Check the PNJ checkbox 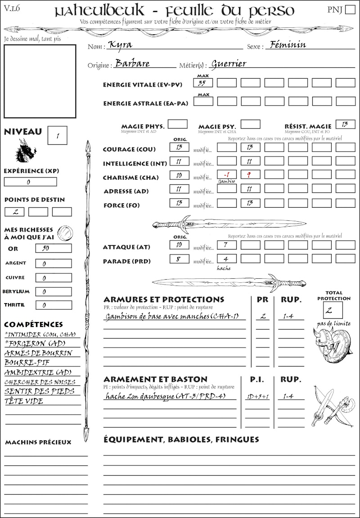(x=349, y=10)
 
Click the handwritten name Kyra (x=121, y=45)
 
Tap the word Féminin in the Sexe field (x=286, y=45)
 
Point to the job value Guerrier (x=229, y=63)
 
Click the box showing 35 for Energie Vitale (x=203, y=83)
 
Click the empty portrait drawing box (x=40, y=81)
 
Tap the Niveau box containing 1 (x=57, y=135)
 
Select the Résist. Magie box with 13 (x=345, y=124)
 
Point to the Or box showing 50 (x=53, y=248)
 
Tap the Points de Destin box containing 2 (x=14, y=212)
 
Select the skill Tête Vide (x=24, y=401)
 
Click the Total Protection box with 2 (x=333, y=310)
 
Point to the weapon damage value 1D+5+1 (x=257, y=397)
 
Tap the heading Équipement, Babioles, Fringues (x=181, y=439)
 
